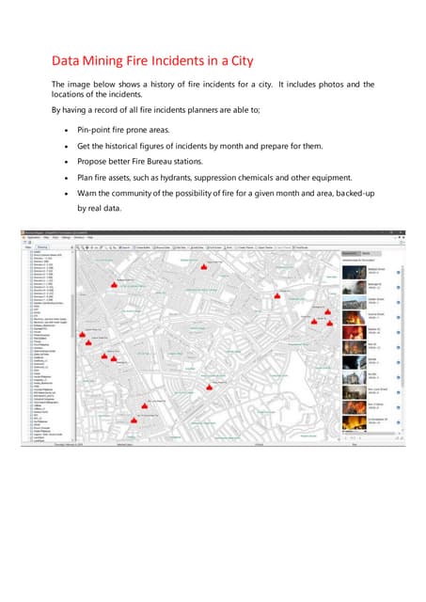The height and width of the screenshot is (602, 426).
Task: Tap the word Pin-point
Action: [x=98, y=127]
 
